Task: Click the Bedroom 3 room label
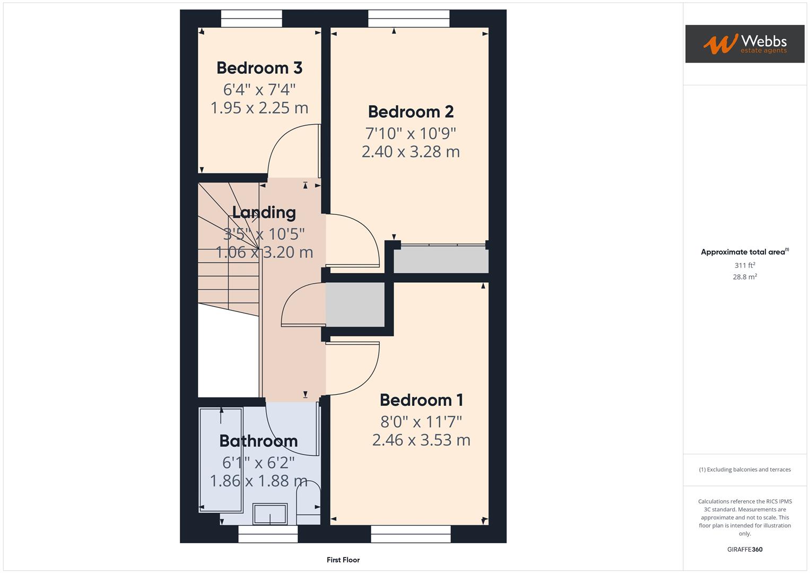point(259,68)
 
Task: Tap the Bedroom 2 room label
point(411,112)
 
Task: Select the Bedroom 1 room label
point(421,400)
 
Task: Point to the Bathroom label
point(258,441)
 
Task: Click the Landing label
point(264,213)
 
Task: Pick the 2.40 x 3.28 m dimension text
point(411,152)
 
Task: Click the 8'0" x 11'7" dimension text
point(421,422)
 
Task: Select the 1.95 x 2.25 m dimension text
point(259,108)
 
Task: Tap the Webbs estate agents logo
point(744,44)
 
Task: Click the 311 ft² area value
point(745,265)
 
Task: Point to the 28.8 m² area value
point(745,277)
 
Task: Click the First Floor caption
point(343,560)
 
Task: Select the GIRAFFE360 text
point(745,550)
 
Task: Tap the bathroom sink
point(270,514)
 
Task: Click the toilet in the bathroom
point(308,501)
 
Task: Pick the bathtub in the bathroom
point(221,459)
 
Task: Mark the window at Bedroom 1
point(411,534)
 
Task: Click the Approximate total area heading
point(744,252)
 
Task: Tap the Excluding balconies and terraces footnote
point(745,470)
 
